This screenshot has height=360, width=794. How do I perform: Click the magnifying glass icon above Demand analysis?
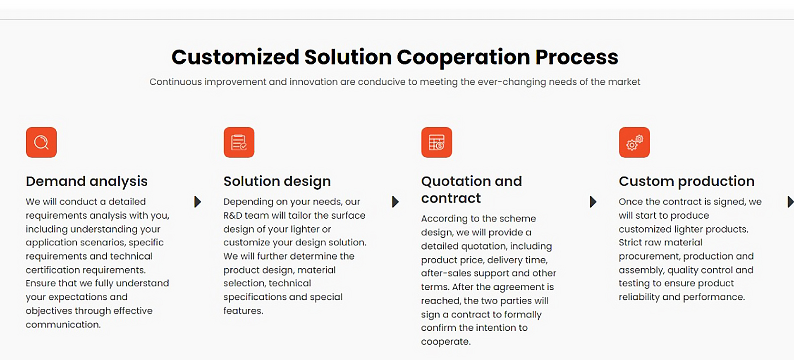[41, 142]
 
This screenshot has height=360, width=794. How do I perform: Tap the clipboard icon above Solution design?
[239, 142]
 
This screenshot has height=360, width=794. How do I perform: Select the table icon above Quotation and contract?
[437, 142]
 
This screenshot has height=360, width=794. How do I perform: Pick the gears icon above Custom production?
[634, 142]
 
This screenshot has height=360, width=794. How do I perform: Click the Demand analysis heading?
[87, 181]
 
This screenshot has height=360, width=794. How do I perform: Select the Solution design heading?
[277, 181]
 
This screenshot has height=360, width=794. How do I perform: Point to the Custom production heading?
[686, 181]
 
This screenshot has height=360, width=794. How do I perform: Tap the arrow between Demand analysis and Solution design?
[198, 202]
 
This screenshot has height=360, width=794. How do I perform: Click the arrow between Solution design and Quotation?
[395, 202]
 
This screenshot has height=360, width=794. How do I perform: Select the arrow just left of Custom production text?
[593, 202]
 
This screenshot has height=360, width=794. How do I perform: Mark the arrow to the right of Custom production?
[791, 202]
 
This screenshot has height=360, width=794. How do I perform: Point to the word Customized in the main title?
[235, 57]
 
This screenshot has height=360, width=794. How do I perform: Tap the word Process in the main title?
[577, 57]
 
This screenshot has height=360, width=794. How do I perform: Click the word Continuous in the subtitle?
[175, 82]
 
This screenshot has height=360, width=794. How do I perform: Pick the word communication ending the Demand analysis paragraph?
[63, 324]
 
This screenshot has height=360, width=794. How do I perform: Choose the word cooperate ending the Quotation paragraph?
[446, 342]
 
